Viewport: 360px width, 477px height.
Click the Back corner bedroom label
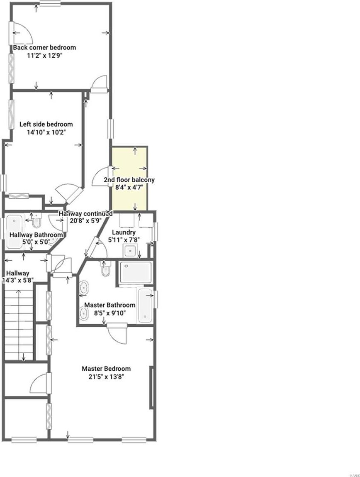tap(44, 47)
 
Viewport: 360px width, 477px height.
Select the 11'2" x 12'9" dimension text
tap(44, 56)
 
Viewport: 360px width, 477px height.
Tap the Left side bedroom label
tap(46, 124)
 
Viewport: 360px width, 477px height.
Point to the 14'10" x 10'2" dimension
tap(46, 132)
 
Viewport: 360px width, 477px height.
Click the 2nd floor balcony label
tap(129, 180)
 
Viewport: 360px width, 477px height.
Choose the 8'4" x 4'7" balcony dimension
tap(129, 188)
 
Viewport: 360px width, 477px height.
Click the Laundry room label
tap(124, 232)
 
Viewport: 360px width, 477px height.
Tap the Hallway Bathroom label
tap(36, 235)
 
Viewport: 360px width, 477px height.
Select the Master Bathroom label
tap(109, 305)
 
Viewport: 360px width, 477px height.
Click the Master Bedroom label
tap(106, 369)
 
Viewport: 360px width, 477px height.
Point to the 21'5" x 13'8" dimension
tap(106, 377)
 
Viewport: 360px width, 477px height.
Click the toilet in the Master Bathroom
tap(106, 268)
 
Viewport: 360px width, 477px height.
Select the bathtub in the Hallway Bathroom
tap(14, 231)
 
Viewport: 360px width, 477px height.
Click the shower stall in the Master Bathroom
tap(136, 272)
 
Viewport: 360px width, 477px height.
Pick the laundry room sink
tap(130, 251)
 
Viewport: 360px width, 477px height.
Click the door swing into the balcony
tap(101, 176)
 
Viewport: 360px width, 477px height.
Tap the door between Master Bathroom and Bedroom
tap(117, 333)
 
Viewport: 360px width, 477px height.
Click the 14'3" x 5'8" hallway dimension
tap(17, 280)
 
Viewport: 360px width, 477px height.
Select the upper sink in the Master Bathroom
tap(84, 287)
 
